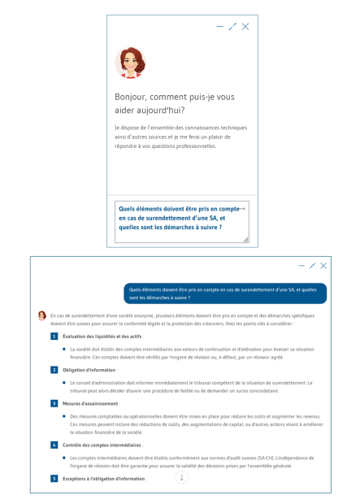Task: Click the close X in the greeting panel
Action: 245,27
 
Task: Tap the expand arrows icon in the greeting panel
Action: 232,27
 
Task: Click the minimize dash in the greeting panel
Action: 219,27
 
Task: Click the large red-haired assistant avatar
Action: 129,63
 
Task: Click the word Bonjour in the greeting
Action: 132,97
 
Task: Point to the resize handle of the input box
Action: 245,240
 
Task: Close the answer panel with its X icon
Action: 323,266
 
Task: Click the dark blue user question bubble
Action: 224,293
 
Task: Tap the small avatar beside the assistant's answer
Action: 42,315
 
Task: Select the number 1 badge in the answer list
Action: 54,336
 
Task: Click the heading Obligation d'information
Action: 89,370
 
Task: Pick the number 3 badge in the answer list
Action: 54,403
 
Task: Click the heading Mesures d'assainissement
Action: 90,403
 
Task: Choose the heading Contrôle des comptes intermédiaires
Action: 102,445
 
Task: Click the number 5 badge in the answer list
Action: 54,479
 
